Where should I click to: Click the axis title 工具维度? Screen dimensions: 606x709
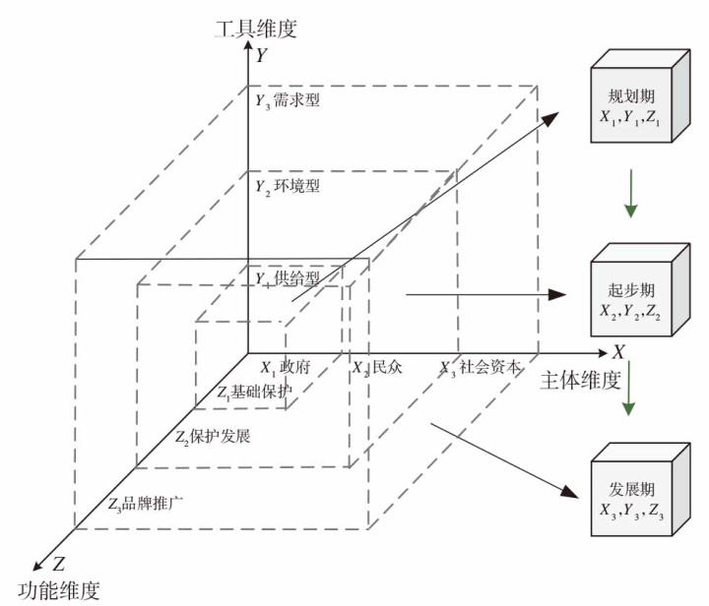255,28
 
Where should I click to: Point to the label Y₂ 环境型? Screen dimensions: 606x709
287,185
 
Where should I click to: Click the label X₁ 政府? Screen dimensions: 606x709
286,367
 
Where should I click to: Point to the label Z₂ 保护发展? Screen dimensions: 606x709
212,436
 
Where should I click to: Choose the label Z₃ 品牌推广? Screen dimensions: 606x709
148,504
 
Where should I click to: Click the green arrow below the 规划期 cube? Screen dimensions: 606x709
631,196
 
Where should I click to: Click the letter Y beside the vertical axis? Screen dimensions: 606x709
260,56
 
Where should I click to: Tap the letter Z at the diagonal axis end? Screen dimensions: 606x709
58,565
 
